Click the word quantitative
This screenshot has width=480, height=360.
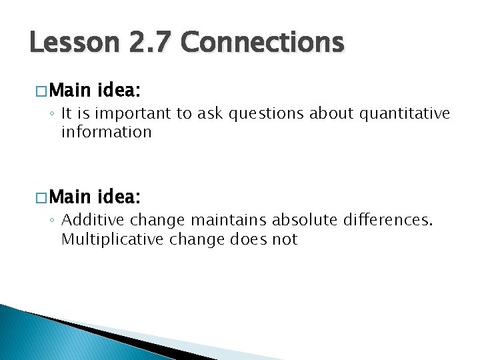click(405, 114)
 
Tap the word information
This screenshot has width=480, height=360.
click(107, 132)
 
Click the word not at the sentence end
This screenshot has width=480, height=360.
click(285, 239)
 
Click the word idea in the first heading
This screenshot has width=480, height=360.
click(119, 89)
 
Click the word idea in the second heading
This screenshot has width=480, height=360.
click(119, 197)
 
